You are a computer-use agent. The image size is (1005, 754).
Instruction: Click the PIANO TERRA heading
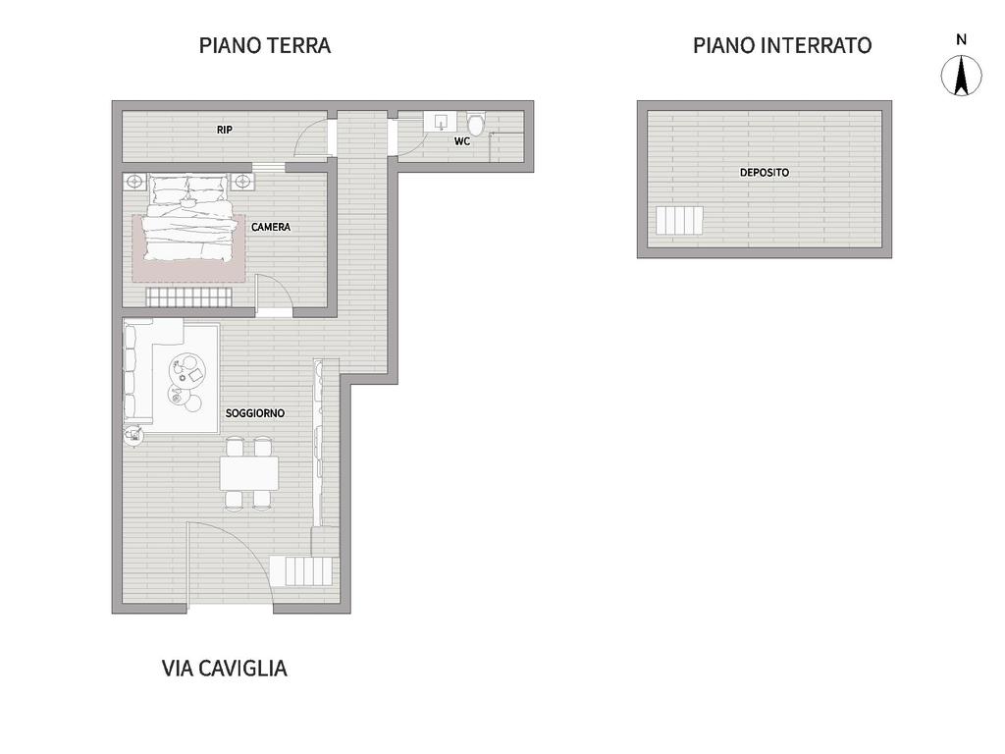(265, 45)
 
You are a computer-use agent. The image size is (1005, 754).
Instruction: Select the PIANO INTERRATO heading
(782, 45)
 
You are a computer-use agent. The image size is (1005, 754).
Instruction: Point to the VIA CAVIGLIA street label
(225, 668)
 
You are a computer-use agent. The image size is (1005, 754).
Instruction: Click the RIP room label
(225, 130)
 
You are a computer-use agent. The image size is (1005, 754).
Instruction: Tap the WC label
(462, 141)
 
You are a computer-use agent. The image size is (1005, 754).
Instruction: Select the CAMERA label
(271, 227)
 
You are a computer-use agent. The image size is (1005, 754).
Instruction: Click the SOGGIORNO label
(255, 413)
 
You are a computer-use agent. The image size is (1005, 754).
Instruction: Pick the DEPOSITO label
(764, 173)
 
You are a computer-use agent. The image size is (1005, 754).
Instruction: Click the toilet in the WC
(476, 124)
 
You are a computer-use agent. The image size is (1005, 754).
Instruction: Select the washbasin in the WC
(441, 122)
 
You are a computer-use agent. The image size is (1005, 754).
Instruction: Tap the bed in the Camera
(187, 218)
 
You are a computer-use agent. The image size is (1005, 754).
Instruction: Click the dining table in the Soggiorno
(249, 473)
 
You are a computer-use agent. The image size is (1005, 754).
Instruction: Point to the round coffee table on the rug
(187, 370)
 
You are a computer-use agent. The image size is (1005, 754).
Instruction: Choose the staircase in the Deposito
(679, 221)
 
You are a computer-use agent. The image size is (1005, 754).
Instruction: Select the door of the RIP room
(312, 137)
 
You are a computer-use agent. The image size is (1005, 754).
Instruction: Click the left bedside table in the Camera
(134, 182)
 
